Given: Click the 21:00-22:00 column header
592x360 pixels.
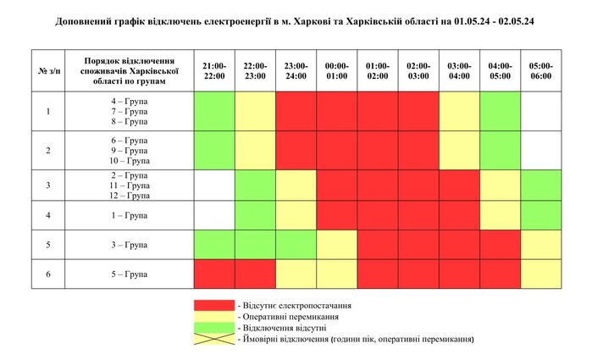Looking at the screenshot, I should (x=214, y=70).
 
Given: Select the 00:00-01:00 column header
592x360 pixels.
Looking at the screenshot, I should (x=337, y=70).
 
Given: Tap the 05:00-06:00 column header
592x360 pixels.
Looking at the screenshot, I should (x=540, y=70).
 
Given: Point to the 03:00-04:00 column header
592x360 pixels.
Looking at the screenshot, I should (x=459, y=70).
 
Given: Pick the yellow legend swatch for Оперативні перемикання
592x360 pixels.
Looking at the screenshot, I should (x=214, y=316).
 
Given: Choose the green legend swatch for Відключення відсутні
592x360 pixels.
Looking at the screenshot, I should (x=214, y=327).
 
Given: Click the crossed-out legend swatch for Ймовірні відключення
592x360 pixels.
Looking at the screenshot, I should (x=214, y=338).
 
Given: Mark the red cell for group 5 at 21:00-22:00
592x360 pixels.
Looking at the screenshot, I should (x=214, y=274).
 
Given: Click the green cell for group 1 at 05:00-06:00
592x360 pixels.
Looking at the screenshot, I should (x=540, y=215).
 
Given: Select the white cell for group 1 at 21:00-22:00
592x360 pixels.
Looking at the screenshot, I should (x=214, y=215).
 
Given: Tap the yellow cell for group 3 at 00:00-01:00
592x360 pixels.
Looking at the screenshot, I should (x=337, y=245).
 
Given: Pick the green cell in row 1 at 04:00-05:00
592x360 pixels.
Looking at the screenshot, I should (x=500, y=111).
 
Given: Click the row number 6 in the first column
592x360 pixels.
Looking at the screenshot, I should (x=48, y=274).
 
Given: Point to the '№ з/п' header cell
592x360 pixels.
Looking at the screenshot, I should (x=48, y=70).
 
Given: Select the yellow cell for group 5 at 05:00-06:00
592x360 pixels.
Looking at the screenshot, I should (x=540, y=274).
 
